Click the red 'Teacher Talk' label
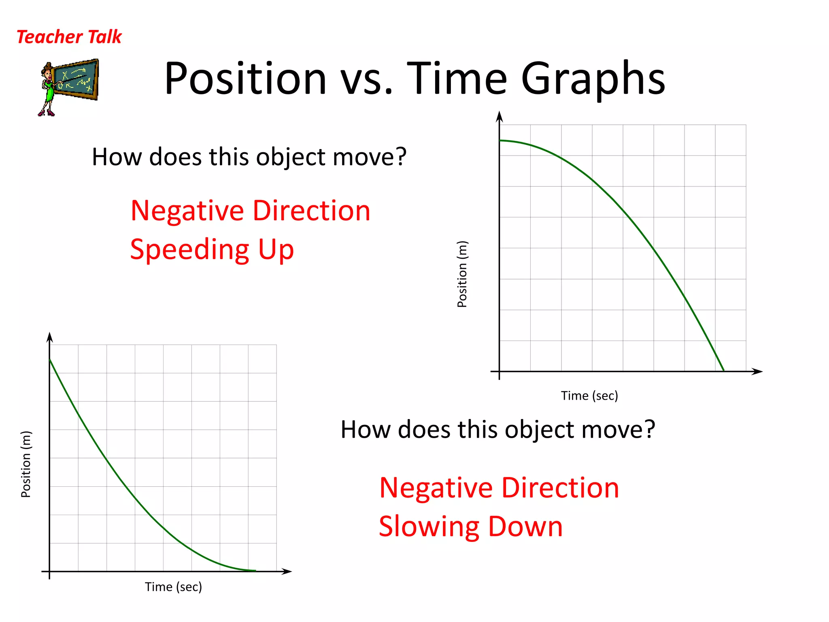69,37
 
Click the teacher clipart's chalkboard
77,79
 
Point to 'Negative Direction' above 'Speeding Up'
250,211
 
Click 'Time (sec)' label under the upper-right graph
589,396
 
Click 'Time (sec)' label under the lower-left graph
173,587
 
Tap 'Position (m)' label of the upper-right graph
462,274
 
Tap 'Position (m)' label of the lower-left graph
26,464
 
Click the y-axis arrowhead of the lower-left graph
49,337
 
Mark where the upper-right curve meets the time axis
724,371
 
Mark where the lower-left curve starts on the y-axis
50,359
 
